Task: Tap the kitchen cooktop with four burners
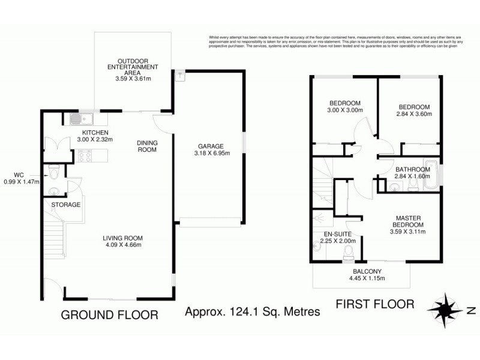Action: [83, 156]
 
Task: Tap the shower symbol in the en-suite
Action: [319, 218]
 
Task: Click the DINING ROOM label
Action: [147, 146]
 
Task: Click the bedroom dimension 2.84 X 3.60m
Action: [413, 113]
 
